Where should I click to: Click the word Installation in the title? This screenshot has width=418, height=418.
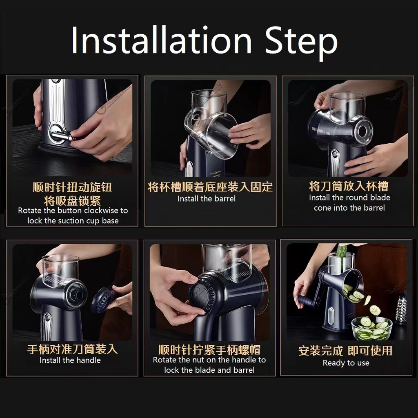[162, 40]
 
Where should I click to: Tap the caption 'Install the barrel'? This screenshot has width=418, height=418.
[207, 199]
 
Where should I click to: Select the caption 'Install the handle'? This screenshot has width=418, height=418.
[70, 360]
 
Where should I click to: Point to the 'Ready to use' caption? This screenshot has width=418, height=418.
[346, 363]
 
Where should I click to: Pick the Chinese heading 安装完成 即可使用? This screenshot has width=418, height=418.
[345, 351]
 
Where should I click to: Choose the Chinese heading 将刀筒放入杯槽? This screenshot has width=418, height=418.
[349, 186]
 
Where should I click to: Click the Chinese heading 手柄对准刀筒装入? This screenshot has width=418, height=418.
[72, 349]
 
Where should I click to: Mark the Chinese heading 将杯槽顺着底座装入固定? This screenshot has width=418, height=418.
[210, 187]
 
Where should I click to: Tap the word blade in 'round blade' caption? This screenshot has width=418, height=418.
[380, 198]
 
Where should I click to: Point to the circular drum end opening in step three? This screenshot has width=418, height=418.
[362, 131]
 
